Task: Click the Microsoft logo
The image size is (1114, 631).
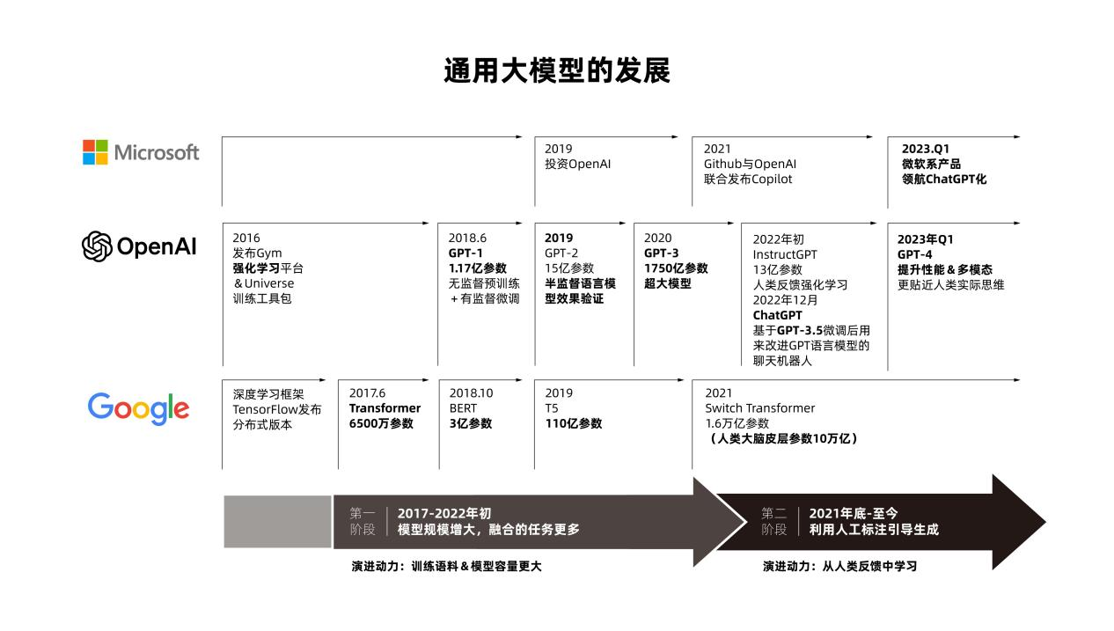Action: (141, 152)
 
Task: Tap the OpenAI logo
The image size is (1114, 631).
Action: (139, 246)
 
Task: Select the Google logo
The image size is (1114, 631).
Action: (138, 408)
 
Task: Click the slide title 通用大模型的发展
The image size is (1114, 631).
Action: (557, 70)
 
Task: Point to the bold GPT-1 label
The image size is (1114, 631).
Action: (465, 253)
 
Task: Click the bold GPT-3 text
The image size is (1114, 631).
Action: (662, 253)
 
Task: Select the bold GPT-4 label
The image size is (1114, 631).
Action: (914, 254)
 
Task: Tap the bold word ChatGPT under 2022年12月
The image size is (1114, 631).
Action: (777, 315)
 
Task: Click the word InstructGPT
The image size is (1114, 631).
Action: (785, 254)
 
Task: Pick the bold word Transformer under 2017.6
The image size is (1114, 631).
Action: (385, 408)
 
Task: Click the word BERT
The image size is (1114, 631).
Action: (463, 408)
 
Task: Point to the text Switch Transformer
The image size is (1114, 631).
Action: (760, 408)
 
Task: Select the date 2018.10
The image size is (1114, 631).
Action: (472, 393)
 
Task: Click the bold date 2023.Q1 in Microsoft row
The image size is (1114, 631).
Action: (926, 149)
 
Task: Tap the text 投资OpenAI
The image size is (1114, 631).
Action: (577, 164)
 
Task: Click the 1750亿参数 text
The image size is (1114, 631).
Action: (676, 268)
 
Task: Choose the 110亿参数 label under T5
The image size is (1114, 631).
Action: (574, 423)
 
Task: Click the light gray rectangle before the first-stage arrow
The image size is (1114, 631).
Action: (277, 522)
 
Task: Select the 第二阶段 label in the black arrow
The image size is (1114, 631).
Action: (773, 521)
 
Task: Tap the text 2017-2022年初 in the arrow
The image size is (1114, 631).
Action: (444, 513)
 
